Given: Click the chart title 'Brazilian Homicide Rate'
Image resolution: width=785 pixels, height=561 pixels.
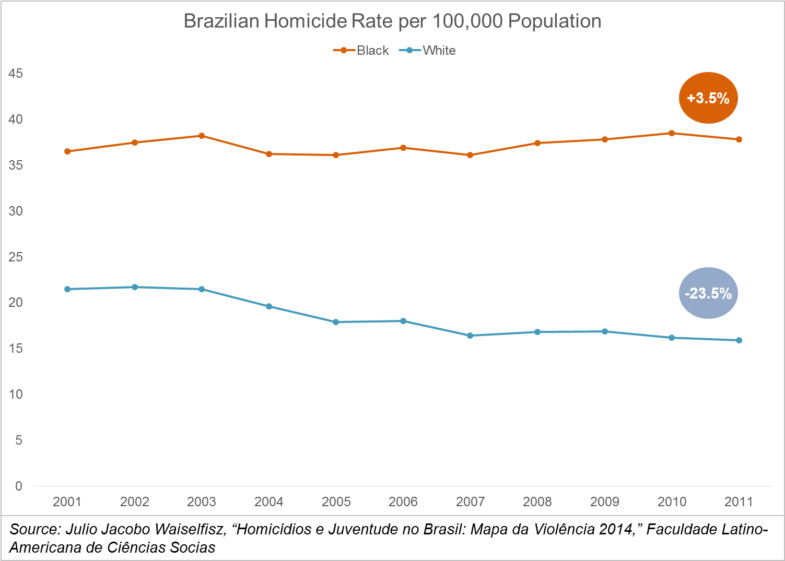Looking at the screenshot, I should (x=392, y=21).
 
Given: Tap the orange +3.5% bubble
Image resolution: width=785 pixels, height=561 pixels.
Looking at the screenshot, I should (x=708, y=98).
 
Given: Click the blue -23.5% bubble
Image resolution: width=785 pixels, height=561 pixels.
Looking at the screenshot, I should (x=708, y=293).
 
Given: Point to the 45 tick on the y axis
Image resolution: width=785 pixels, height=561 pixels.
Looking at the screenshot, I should (x=16, y=74).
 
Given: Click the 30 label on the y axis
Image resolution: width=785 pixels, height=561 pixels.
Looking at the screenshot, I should (x=16, y=211).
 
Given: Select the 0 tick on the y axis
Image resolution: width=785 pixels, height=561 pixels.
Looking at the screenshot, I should (x=19, y=486).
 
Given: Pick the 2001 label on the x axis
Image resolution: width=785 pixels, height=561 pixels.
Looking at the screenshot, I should (x=67, y=502).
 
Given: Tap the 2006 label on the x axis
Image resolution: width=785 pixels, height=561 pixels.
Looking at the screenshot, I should (x=403, y=502).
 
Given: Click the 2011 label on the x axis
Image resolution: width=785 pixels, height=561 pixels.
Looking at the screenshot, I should (x=739, y=502).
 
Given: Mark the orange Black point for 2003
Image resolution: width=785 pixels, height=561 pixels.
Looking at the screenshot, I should (x=202, y=136).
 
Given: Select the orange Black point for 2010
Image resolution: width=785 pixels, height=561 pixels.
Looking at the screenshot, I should (x=672, y=133).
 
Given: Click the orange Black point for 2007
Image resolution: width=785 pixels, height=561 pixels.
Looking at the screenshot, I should (x=470, y=155).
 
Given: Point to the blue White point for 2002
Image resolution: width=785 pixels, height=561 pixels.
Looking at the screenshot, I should (x=135, y=287).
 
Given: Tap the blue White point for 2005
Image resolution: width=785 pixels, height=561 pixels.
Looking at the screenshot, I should (x=336, y=322).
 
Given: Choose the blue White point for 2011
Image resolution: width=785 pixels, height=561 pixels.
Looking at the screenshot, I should (x=739, y=340).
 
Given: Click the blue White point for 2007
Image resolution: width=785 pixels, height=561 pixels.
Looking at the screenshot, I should (x=470, y=336).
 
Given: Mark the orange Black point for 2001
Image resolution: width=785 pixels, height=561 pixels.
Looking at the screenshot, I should (x=67, y=151).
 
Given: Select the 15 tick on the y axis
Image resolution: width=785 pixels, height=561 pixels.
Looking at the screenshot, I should (x=16, y=349).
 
